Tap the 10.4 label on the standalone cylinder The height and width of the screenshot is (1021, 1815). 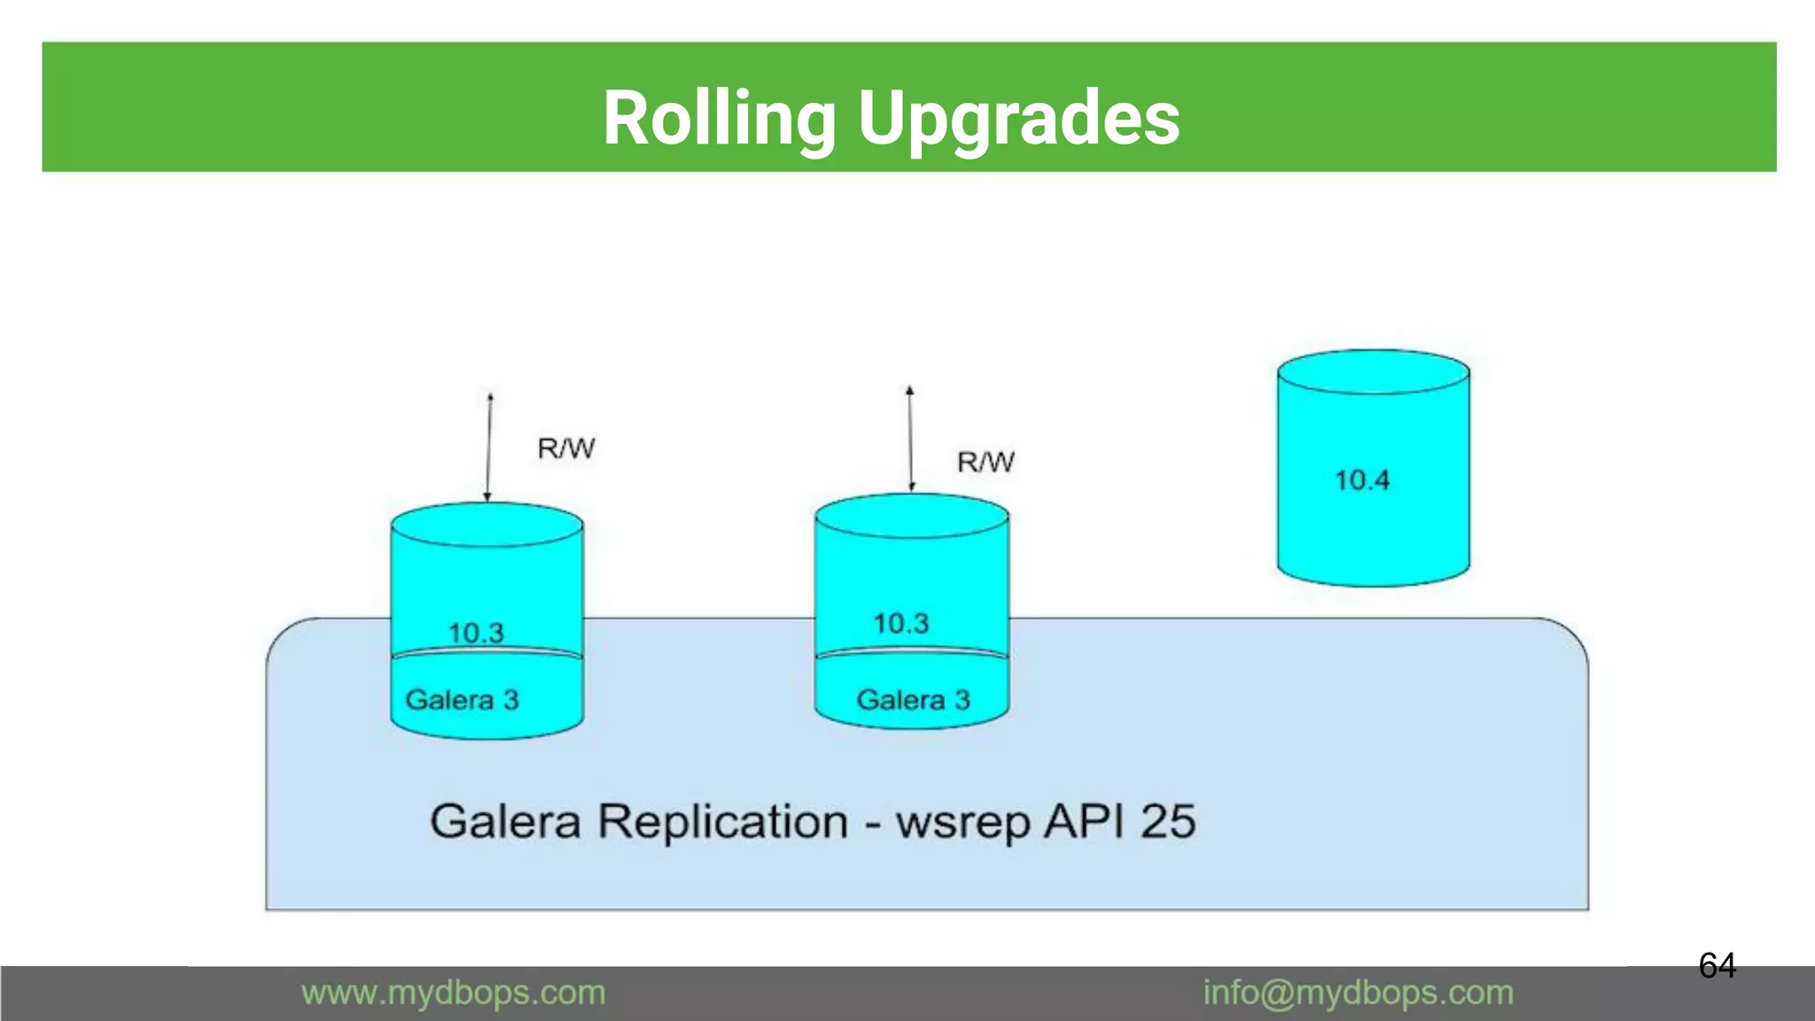click(x=1362, y=480)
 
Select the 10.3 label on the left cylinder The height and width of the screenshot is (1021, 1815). click(x=476, y=633)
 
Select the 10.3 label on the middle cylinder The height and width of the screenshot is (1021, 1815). click(x=901, y=623)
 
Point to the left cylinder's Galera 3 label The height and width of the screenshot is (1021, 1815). click(x=462, y=699)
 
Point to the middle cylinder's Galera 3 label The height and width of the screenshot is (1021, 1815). click(x=913, y=699)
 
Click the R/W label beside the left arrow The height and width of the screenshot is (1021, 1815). click(x=566, y=448)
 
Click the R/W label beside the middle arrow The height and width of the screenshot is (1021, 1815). click(x=985, y=462)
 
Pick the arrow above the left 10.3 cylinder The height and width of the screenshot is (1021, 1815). click(x=488, y=448)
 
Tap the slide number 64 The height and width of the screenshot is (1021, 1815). click(x=1717, y=965)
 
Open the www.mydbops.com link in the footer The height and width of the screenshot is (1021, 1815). click(x=453, y=993)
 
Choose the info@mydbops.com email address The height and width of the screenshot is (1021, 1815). click(x=1358, y=993)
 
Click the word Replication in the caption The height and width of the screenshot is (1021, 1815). click(x=722, y=822)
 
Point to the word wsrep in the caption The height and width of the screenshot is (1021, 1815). click(x=963, y=822)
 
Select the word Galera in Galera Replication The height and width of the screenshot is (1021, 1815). click(x=505, y=821)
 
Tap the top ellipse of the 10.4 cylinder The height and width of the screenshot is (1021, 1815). click(x=1373, y=371)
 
